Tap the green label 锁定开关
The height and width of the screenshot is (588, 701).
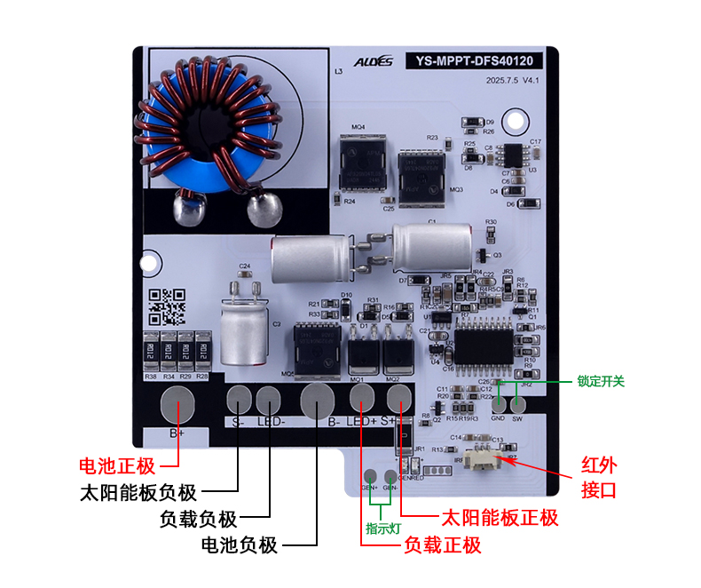pyautogui.click(x=601, y=382)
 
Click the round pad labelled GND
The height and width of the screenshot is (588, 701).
pyautogui.click(x=498, y=403)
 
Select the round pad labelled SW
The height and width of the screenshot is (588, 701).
pyautogui.click(x=518, y=403)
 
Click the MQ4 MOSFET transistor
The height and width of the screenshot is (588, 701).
pyautogui.click(x=363, y=164)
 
